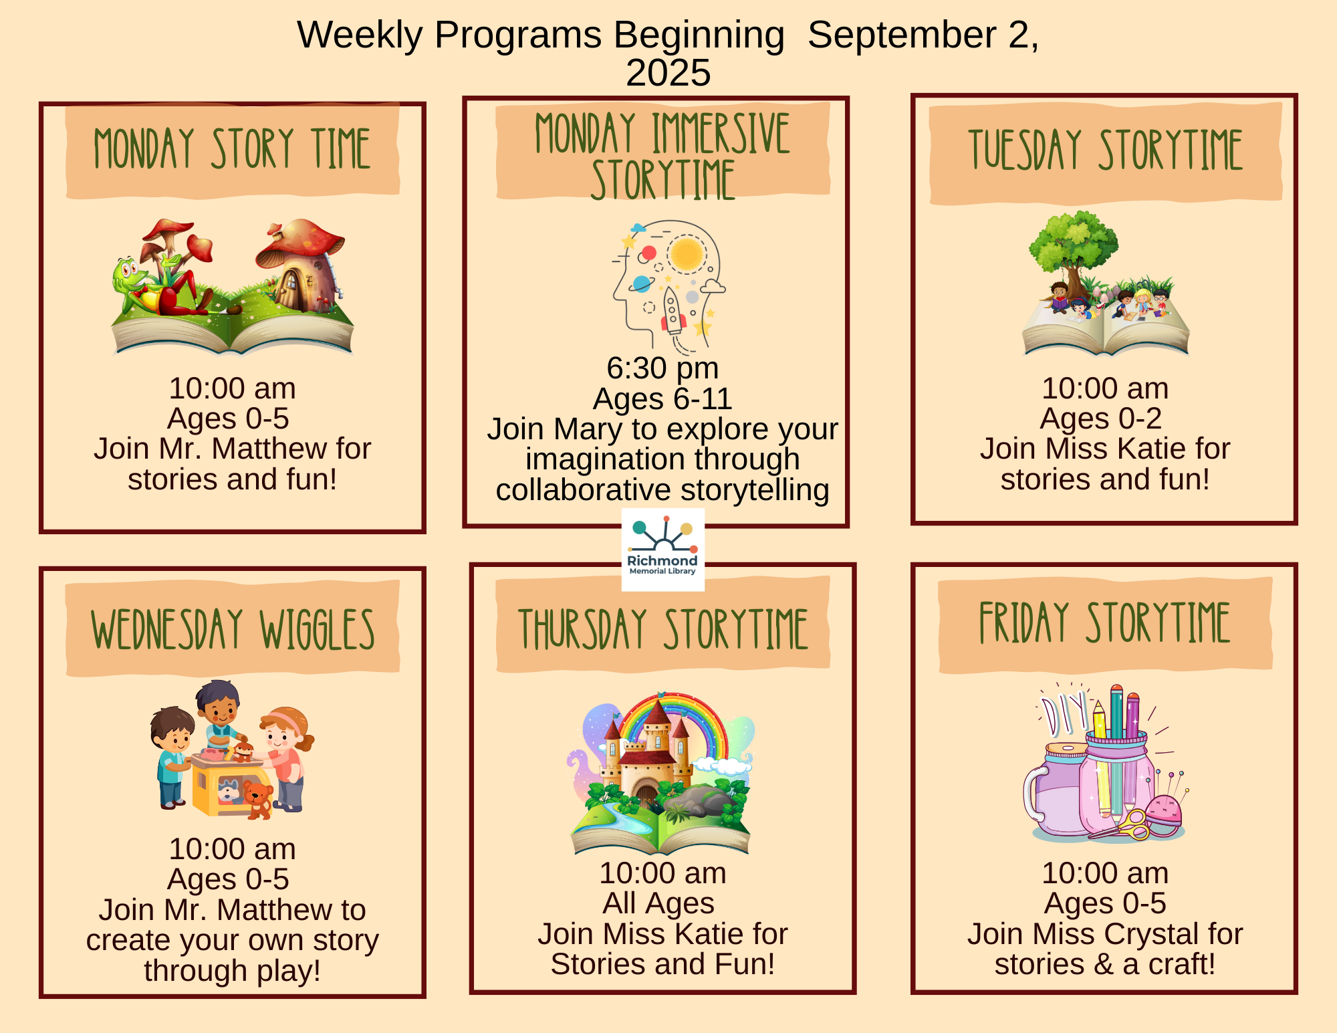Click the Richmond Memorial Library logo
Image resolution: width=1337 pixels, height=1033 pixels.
pos(662,550)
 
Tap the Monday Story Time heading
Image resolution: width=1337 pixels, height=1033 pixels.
pos(232,148)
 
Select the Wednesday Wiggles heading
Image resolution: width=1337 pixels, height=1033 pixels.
pos(233,629)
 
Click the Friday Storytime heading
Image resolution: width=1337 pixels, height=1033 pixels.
pos(1104,622)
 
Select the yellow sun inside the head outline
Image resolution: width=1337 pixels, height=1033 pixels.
pos(687,254)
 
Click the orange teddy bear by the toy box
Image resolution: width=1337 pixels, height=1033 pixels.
pos(258,799)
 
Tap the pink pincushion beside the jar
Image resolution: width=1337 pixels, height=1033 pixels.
pos(1164,812)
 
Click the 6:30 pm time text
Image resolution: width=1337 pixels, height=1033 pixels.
pos(662,368)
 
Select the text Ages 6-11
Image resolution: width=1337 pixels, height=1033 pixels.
pos(662,399)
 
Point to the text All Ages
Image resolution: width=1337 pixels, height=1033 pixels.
pos(658,903)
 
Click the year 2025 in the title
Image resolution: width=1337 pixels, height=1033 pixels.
pos(668,73)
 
